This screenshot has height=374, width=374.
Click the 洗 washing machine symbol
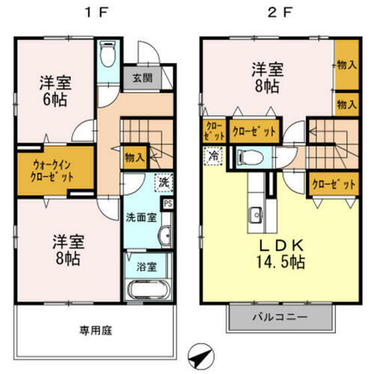[162, 182]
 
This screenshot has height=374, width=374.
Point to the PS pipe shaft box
[168, 203]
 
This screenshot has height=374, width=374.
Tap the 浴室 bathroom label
[147, 266]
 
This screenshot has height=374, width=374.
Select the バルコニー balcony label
[278, 317]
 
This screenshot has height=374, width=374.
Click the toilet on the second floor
[246, 158]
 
